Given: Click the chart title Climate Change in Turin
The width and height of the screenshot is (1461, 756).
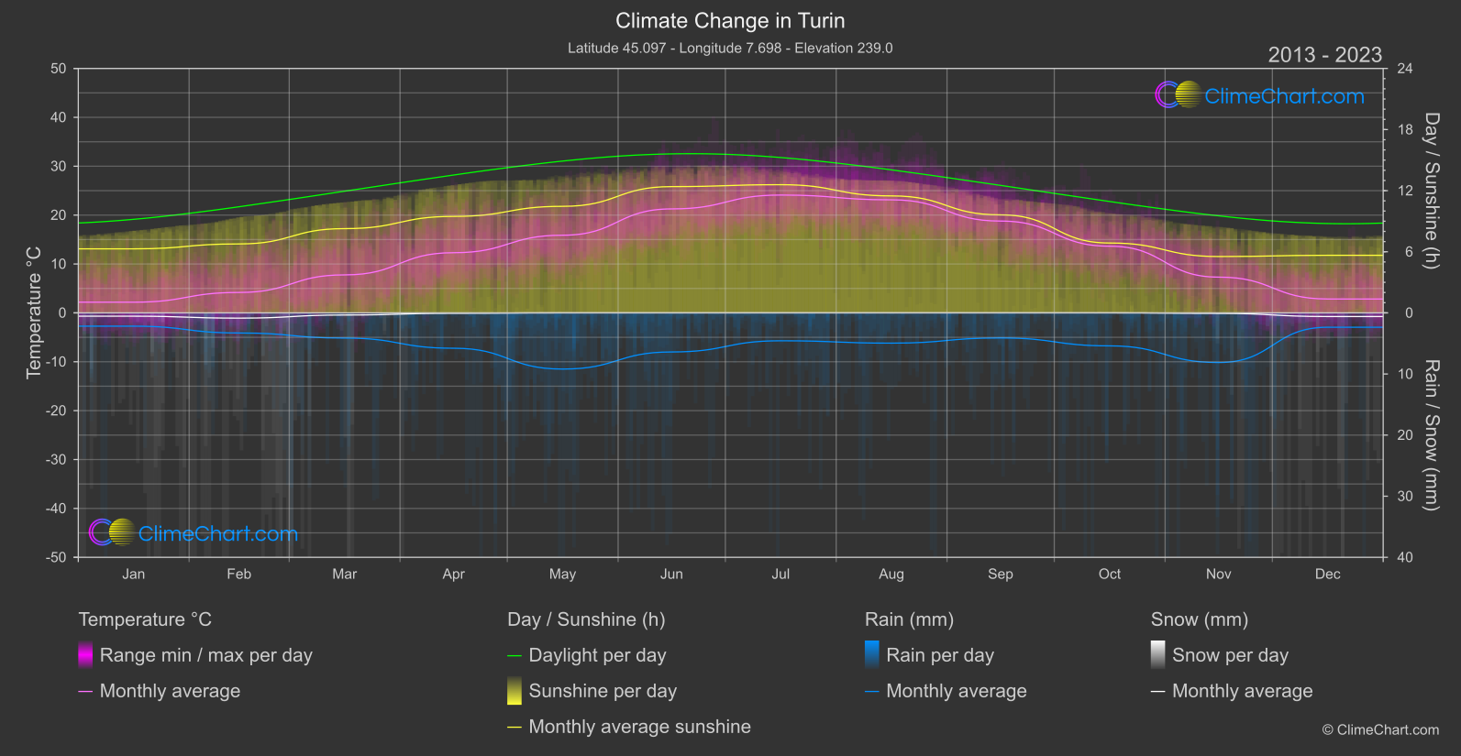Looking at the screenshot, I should (x=730, y=21).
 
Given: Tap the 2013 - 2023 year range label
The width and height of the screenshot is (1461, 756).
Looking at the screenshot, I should (x=1324, y=55).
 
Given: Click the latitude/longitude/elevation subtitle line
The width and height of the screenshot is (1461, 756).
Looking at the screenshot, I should (x=730, y=48).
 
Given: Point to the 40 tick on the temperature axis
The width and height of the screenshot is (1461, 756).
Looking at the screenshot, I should (x=59, y=117).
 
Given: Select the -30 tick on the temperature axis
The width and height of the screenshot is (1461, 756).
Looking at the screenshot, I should (x=57, y=460).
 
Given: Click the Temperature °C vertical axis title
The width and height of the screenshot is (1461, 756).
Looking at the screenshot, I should (x=34, y=312).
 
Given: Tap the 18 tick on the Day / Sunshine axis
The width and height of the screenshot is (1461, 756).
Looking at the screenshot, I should (x=1405, y=130).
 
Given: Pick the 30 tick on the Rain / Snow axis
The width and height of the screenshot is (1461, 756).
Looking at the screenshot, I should (x=1405, y=497).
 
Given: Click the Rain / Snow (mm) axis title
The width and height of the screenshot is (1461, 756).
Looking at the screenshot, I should (x=1431, y=435).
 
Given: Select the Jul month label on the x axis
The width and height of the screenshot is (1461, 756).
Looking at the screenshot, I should (x=780, y=575).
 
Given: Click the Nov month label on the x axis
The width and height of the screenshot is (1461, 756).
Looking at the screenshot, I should (x=1218, y=575).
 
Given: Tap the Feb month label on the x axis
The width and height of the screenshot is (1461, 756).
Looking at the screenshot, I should (x=238, y=575).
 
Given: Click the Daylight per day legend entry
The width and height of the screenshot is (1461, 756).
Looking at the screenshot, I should (x=597, y=655).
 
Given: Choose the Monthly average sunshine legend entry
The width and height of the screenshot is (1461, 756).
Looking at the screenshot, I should (x=639, y=727).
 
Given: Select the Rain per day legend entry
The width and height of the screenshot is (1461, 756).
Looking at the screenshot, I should (x=939, y=655).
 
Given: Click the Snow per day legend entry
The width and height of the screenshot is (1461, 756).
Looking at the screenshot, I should (x=1230, y=655).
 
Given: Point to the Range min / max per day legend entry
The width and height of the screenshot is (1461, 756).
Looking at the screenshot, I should (x=205, y=655).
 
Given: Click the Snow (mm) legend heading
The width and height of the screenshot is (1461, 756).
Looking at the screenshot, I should (x=1199, y=619).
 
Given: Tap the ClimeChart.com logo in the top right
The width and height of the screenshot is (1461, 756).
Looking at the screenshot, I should (x=1260, y=95).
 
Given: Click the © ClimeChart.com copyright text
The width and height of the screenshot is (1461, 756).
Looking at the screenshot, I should (x=1380, y=730).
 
